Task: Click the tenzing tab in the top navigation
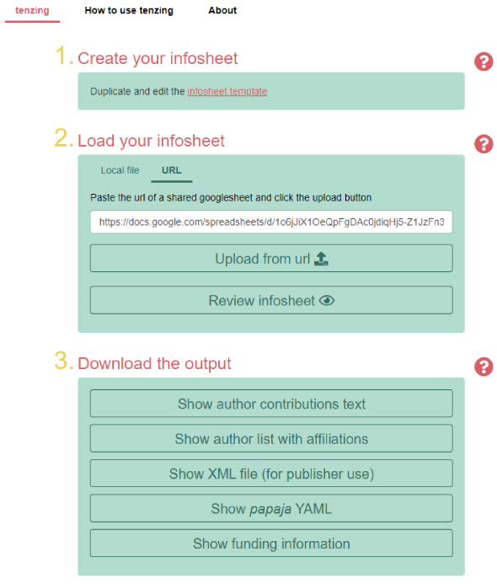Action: pos(32,10)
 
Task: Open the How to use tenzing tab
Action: pos(129,10)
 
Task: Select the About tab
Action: pos(222,10)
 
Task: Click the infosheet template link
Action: pos(227,91)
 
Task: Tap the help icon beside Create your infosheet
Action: pos(484,62)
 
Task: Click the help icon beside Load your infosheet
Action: pos(484,144)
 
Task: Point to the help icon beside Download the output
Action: pos(484,367)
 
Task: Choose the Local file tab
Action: pos(120,170)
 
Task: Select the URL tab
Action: pos(172,170)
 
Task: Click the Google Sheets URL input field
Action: pos(271,222)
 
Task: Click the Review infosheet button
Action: pos(271,300)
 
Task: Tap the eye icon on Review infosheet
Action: pos(327,300)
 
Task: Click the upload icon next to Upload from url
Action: pos(321,259)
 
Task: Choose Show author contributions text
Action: pos(271,404)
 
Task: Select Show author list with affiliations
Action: pos(271,438)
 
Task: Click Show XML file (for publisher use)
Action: pos(271,474)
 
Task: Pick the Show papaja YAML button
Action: pos(271,508)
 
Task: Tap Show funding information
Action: pos(271,544)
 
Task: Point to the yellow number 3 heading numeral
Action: pos(61,361)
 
